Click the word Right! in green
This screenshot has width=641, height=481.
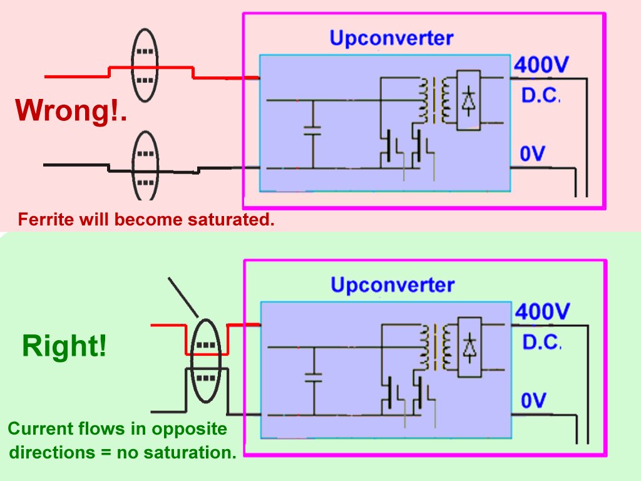(64, 346)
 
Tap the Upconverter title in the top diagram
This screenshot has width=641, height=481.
(391, 39)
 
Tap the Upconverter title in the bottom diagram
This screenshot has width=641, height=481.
(392, 285)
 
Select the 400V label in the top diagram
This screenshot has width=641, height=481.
(541, 65)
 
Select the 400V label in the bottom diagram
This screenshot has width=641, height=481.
(542, 312)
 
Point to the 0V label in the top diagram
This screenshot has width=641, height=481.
(532, 154)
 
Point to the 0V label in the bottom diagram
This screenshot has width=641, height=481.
(533, 400)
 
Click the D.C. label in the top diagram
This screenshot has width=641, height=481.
(540, 95)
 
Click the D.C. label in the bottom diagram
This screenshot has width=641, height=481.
(541, 342)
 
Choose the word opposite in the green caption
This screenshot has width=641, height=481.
(189, 428)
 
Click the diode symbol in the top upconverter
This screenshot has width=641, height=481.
(468, 100)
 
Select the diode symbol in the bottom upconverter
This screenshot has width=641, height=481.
(469, 347)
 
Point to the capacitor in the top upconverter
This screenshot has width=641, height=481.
(313, 131)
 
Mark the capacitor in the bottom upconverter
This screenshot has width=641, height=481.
(314, 378)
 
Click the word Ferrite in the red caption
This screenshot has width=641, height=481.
(45, 220)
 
